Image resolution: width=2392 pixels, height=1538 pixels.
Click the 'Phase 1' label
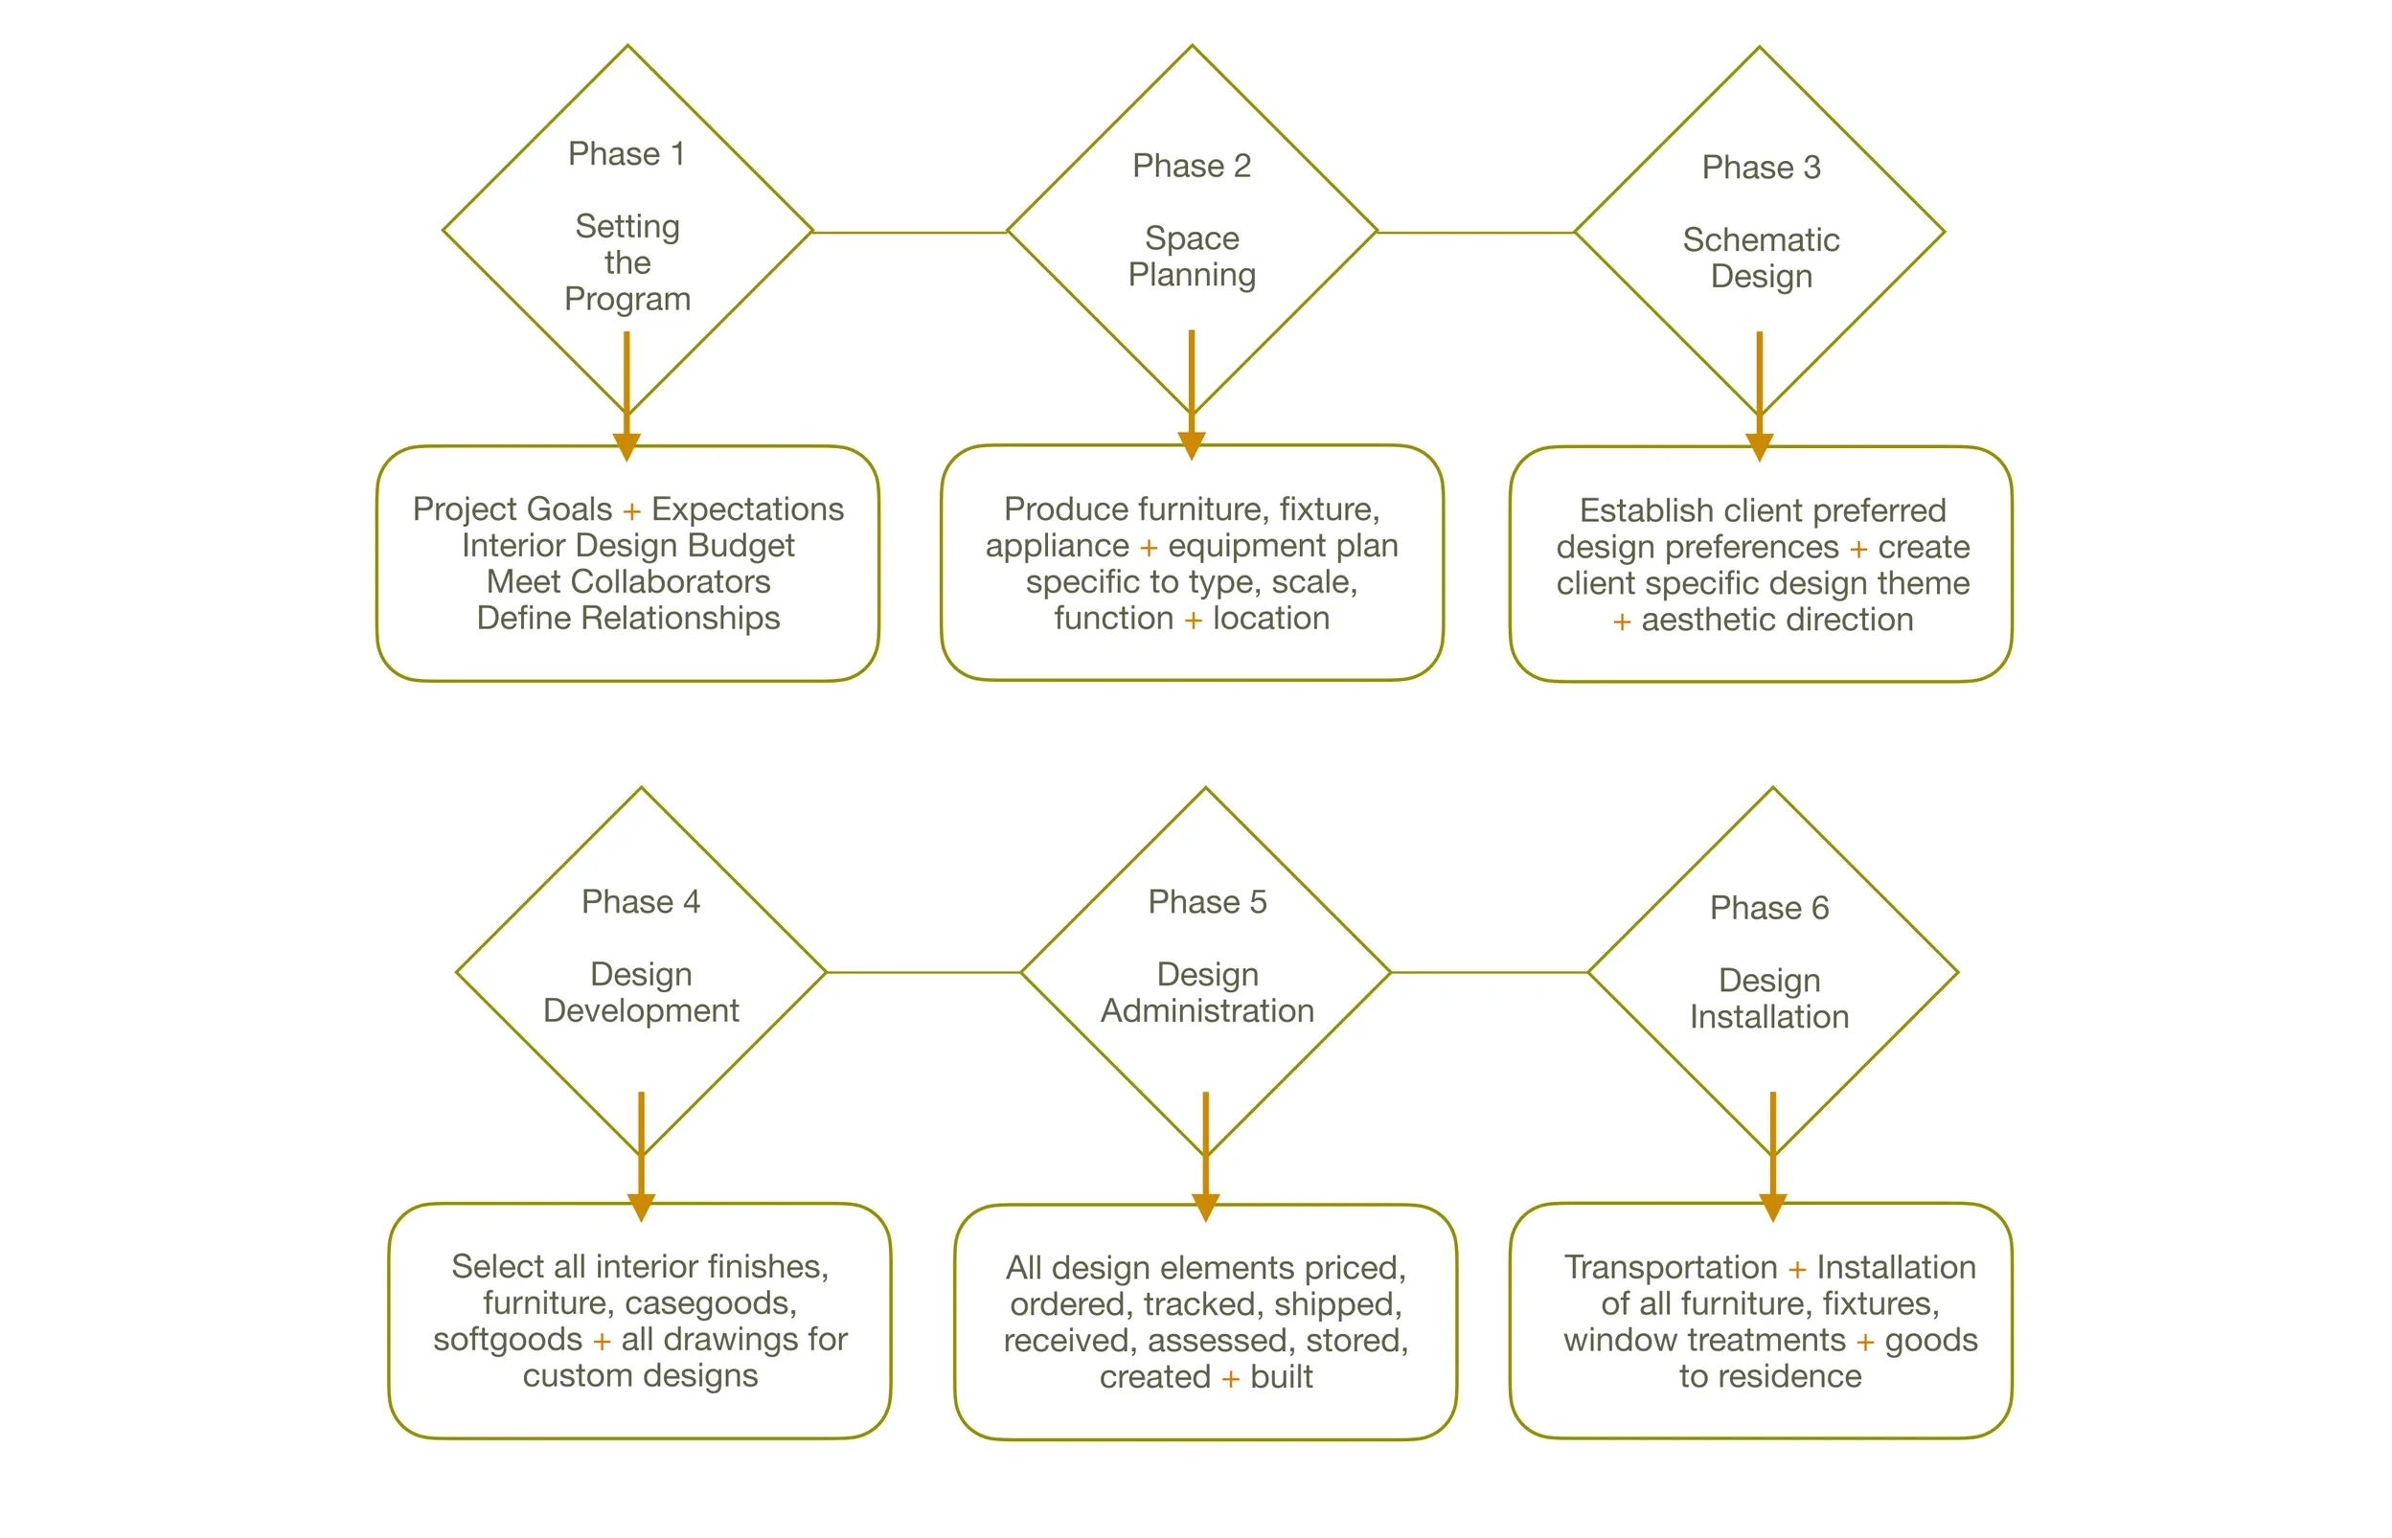626,154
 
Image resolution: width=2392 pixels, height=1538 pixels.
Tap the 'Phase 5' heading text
1206,902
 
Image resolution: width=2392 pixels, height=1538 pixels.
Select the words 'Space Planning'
1192,256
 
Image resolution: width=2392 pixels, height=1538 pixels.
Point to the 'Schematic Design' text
1761,258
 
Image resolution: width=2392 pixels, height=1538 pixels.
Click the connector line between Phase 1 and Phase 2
909,233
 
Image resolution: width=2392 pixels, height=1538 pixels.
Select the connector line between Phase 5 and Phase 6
1488,972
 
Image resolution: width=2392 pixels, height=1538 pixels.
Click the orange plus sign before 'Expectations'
631,511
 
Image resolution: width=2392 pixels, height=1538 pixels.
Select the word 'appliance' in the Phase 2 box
1057,545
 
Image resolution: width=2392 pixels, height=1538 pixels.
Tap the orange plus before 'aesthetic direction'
1622,622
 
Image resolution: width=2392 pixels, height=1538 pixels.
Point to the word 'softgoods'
508,1339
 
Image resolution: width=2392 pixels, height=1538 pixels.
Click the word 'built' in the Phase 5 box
1282,1376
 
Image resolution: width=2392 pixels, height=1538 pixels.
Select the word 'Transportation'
1670,1266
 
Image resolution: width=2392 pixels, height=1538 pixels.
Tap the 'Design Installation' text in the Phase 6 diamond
1768,998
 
